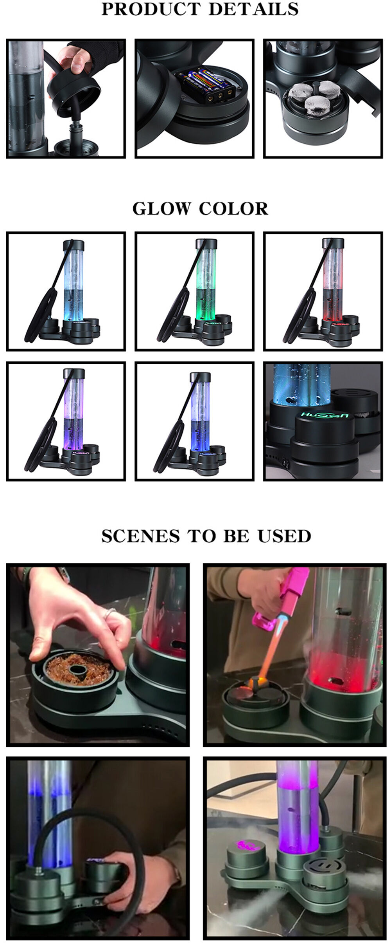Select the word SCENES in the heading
point(141,536)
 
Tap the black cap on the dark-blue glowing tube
point(200,377)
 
